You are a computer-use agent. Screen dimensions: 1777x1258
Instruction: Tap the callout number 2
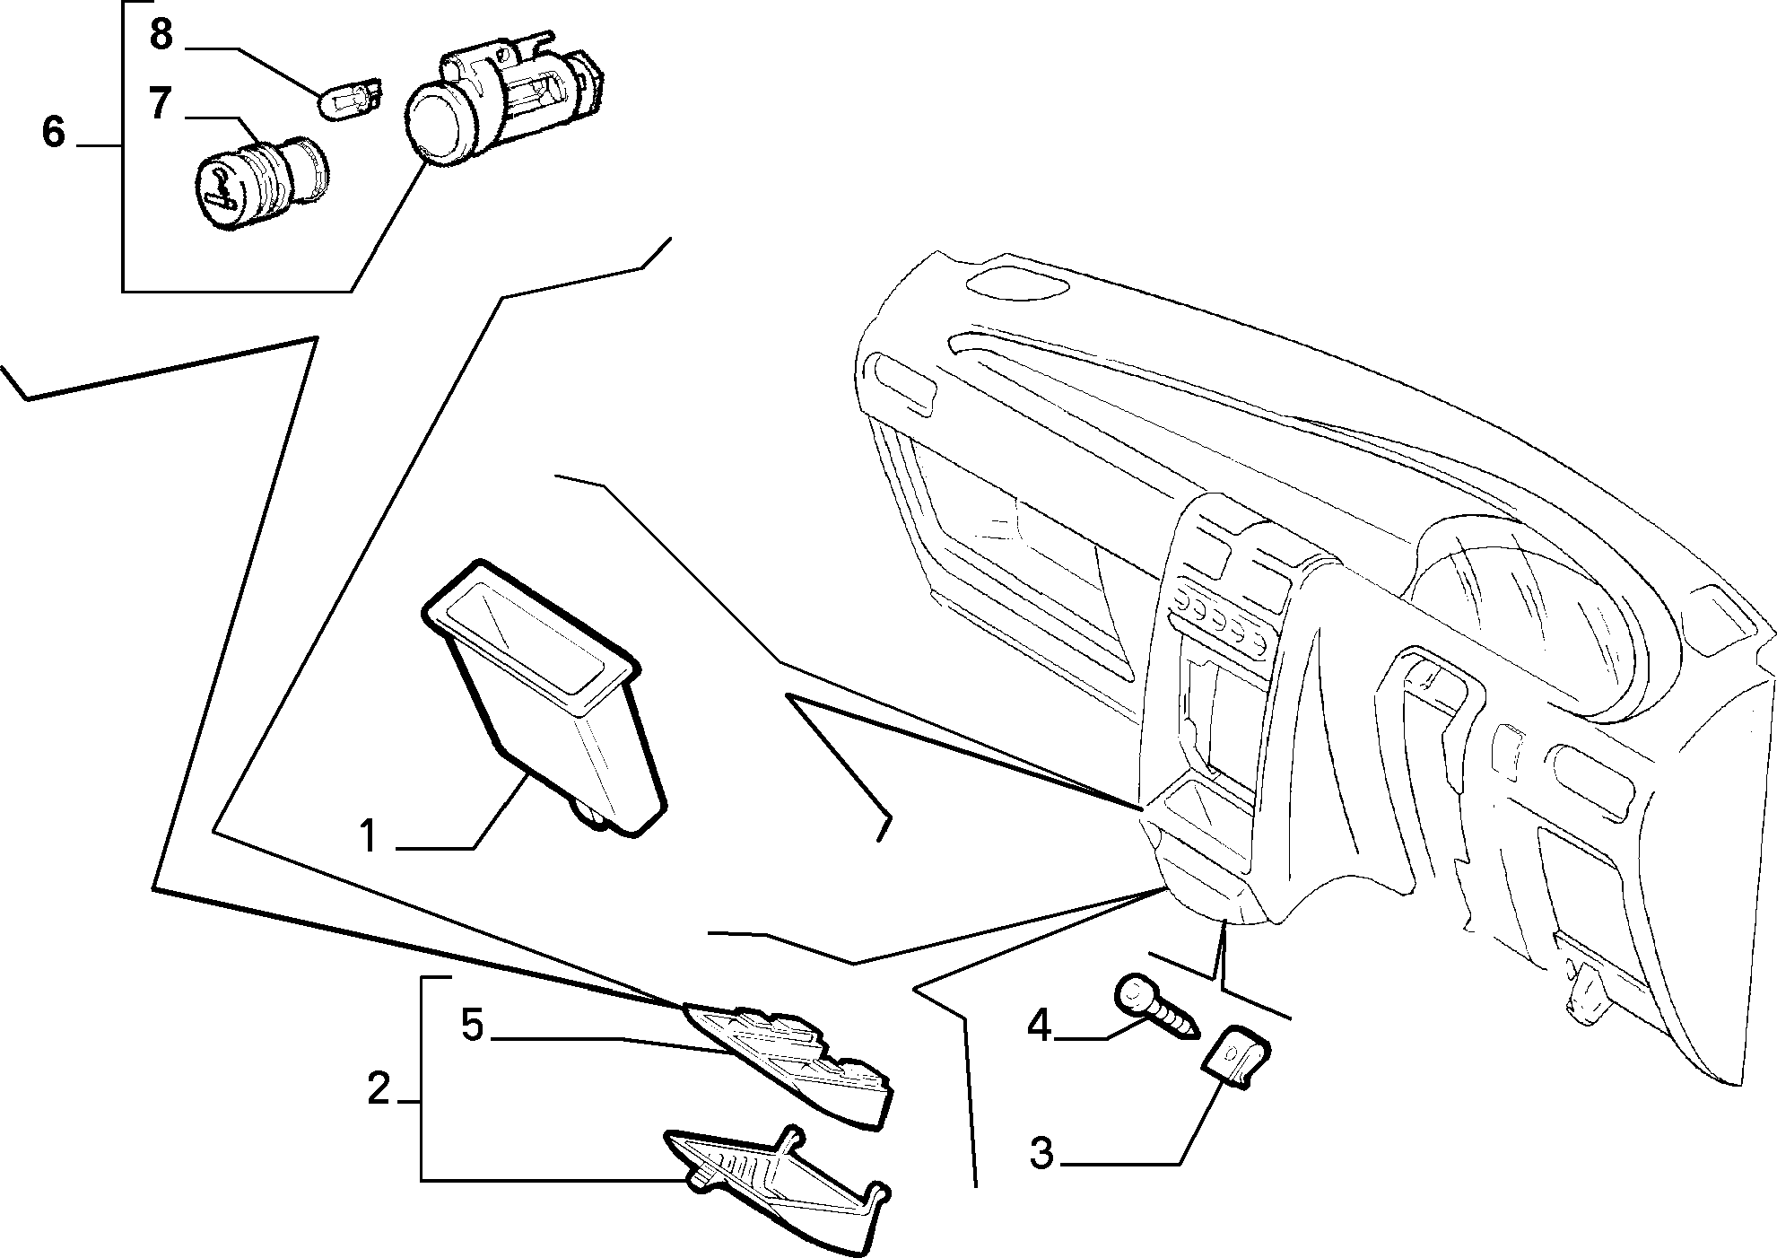point(379,1090)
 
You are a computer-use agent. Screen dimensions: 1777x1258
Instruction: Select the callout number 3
point(1041,1154)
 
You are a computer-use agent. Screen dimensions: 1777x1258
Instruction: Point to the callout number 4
point(1039,1025)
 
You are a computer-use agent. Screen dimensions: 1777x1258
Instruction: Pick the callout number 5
point(472,1026)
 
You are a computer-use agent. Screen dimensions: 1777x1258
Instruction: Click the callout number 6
point(54,132)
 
